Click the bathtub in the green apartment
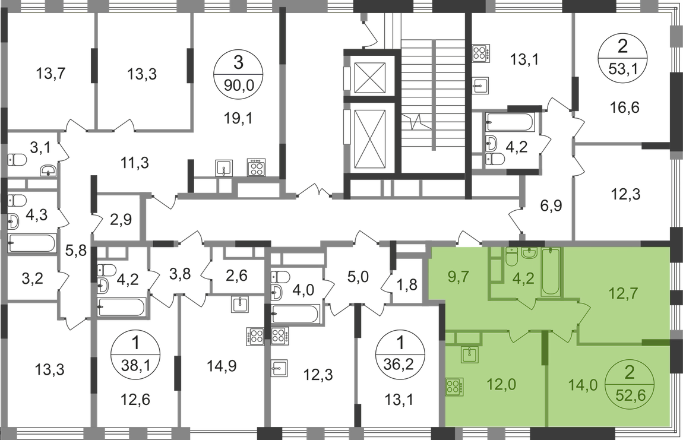[551, 271]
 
